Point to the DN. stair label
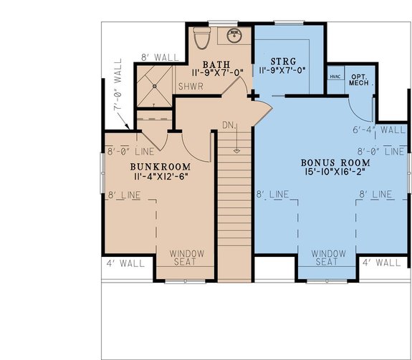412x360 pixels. [x=228, y=126]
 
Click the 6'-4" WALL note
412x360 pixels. [x=380, y=130]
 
